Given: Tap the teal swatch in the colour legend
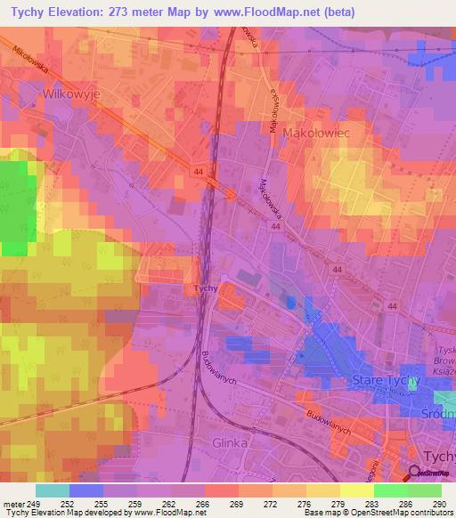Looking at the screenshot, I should pyautogui.click(x=53, y=490).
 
